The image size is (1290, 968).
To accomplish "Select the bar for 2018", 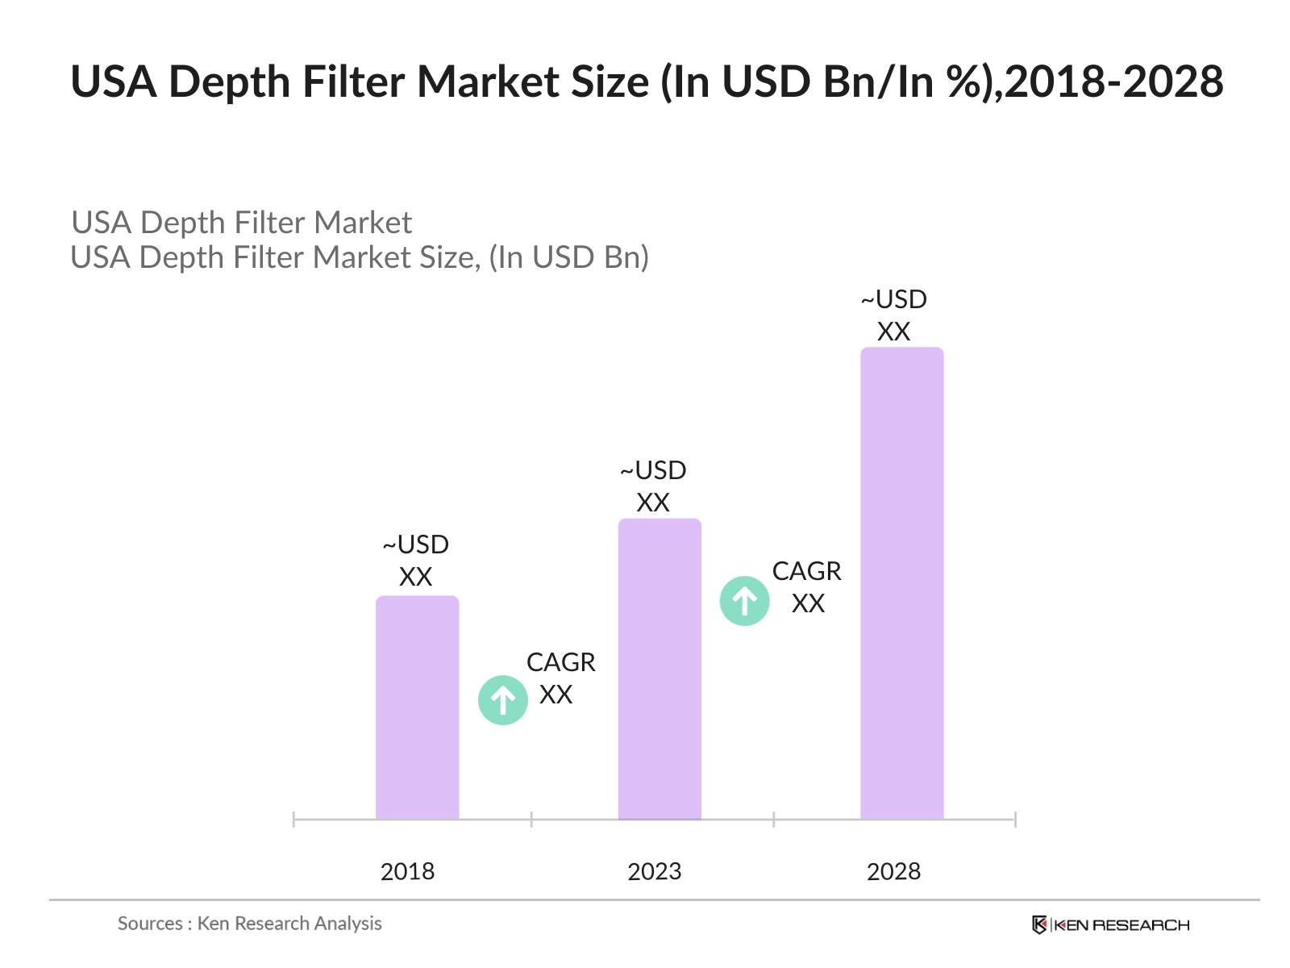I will [417, 707].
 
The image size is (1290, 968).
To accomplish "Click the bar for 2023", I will [660, 669].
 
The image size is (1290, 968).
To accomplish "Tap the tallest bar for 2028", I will [901, 583].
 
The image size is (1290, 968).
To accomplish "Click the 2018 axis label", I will [407, 871].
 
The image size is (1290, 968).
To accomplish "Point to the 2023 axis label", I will [654, 871].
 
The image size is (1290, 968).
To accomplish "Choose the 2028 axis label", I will [893, 871].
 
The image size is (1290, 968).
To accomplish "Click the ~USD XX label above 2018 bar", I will [416, 561].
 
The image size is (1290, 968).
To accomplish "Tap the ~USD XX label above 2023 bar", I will [653, 486].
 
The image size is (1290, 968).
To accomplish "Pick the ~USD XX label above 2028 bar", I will [893, 315].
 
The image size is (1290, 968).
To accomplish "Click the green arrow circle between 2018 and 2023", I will [503, 700].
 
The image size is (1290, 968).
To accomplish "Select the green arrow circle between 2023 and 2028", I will [744, 601].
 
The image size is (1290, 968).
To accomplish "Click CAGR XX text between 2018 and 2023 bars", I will [560, 678].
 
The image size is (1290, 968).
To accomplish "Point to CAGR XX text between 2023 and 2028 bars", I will [806, 587].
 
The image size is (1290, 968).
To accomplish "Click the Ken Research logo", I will [1110, 924].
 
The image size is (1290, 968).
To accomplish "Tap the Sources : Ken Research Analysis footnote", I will [249, 923].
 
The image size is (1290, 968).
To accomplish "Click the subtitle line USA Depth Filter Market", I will [241, 223].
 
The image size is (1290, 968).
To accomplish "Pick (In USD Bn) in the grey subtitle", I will [568, 257].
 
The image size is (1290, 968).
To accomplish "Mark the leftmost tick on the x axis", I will [294, 820].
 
